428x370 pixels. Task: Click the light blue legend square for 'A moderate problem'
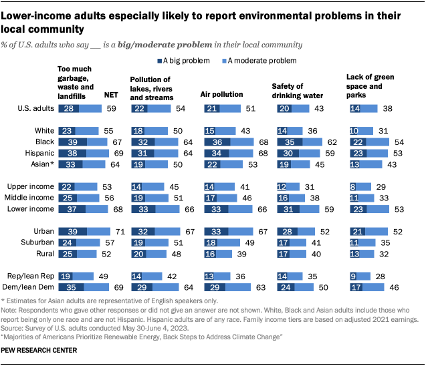(223, 61)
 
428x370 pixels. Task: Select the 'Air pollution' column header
(221, 95)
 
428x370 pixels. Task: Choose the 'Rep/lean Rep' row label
(31, 276)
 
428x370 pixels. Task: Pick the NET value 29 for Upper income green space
(380, 186)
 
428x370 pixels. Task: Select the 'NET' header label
(112, 95)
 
